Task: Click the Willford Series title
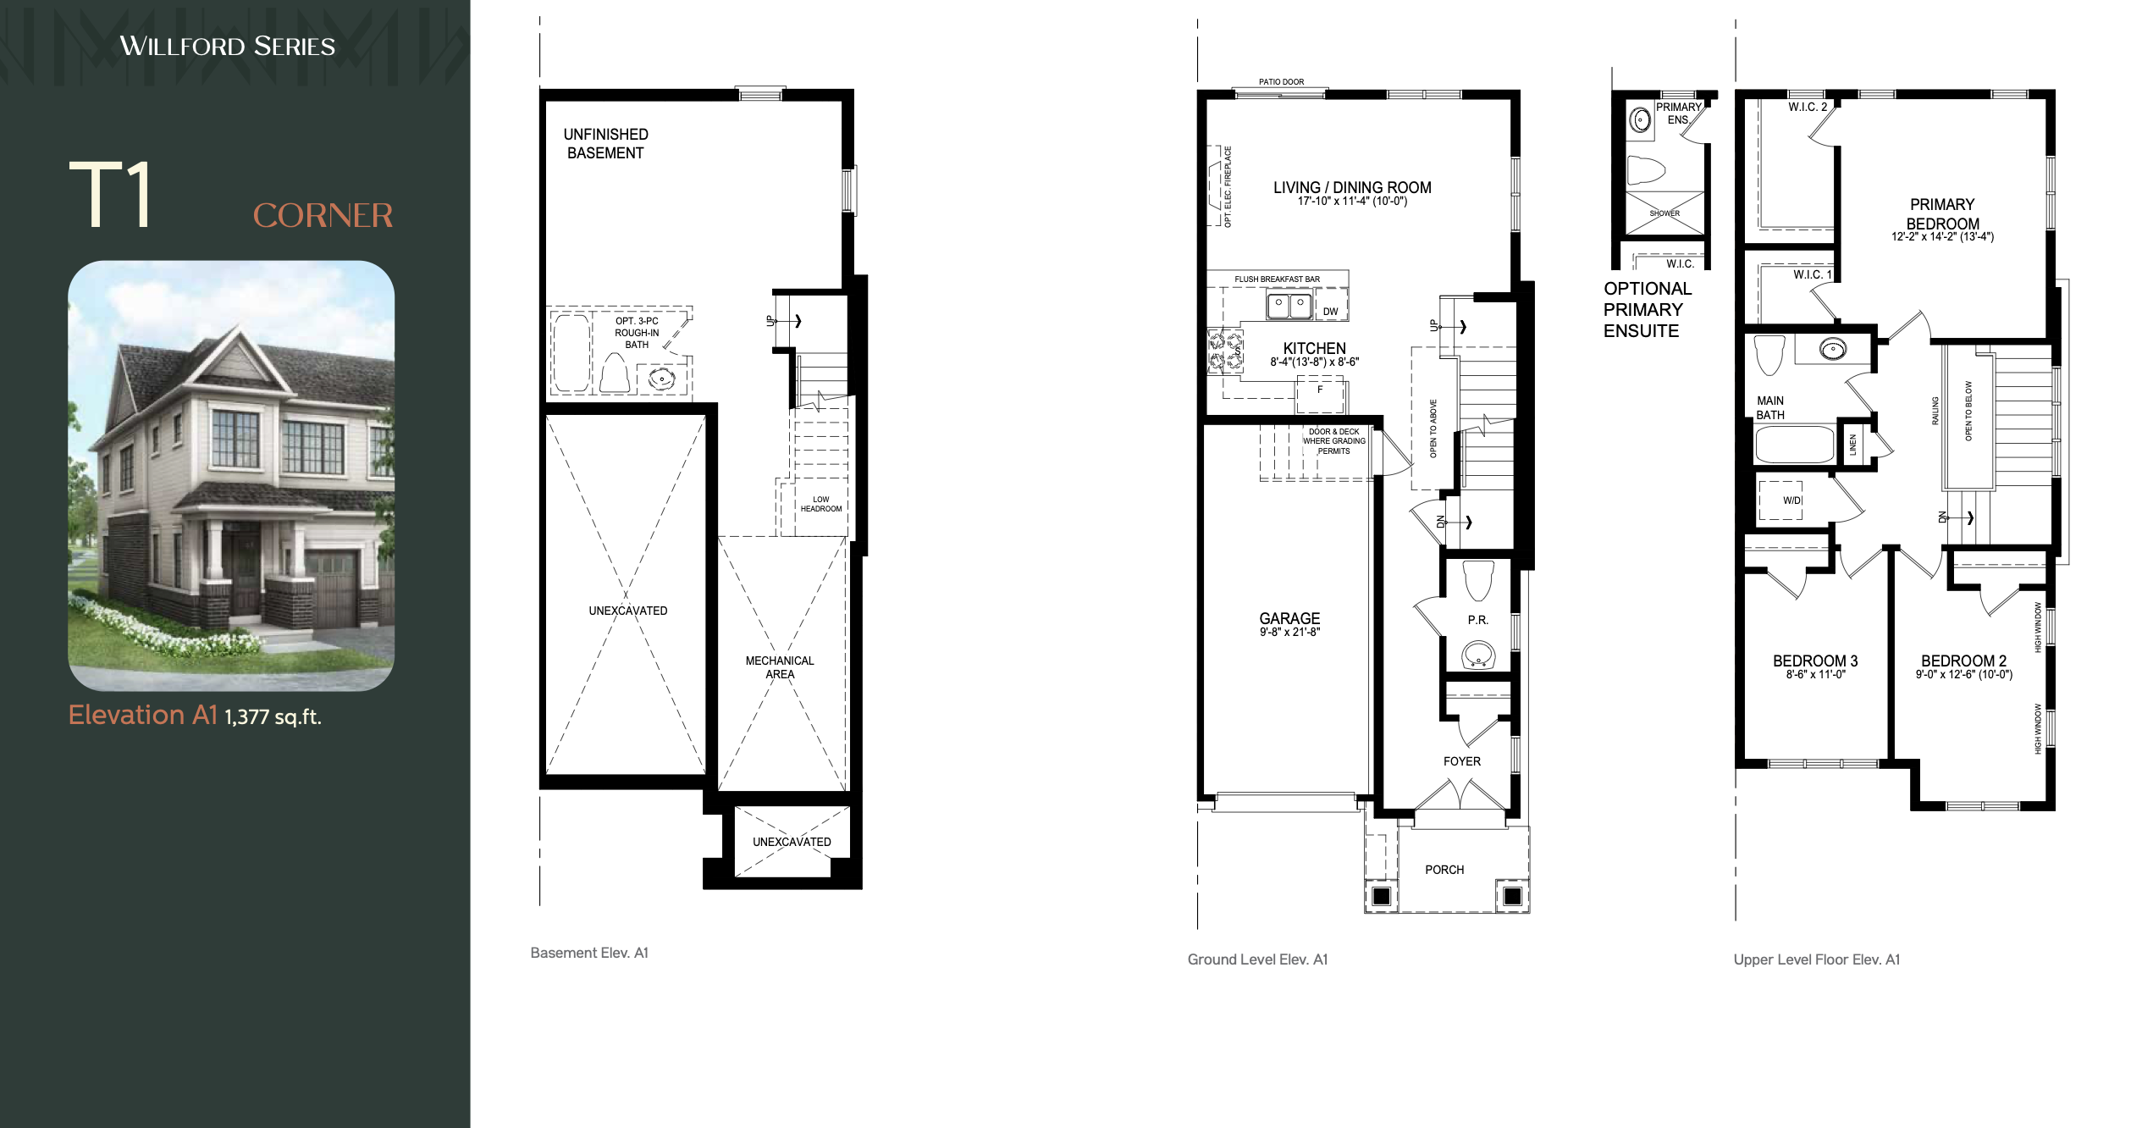227,46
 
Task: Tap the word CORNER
323,215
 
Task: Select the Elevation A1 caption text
143,715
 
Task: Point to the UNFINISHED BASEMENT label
605,144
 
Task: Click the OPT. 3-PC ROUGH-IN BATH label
637,333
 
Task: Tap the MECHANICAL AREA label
780,667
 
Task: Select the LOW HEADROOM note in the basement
821,504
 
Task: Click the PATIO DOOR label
1281,82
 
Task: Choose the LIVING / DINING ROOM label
1352,188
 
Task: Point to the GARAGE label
1289,619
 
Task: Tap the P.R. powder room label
1478,620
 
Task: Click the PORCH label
1444,870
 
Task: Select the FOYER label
1462,761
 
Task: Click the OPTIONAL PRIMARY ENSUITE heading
1647,310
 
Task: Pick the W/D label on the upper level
1792,500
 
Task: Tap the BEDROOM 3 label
1815,661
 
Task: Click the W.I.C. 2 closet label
1808,107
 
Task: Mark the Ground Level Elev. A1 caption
1257,959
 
